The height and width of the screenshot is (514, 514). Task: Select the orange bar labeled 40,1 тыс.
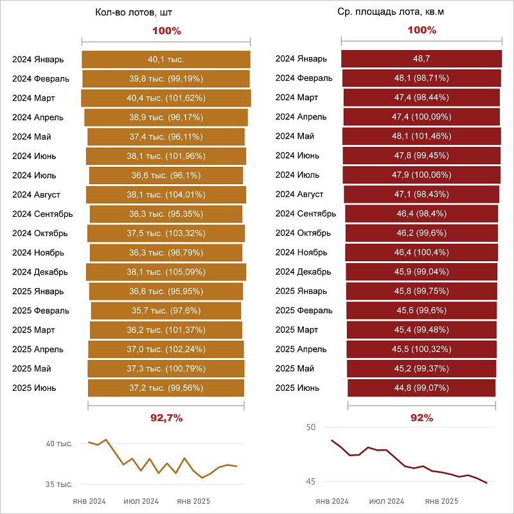[x=166, y=59]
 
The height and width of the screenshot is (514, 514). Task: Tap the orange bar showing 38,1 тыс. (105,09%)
[x=166, y=272]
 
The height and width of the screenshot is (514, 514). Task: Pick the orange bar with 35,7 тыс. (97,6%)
[x=166, y=311]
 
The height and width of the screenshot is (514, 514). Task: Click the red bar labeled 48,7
[x=421, y=59]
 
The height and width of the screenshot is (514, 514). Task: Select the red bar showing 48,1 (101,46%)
[x=421, y=136]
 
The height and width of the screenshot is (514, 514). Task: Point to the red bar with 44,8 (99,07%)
[x=421, y=388]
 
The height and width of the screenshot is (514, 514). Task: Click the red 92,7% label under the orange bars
[x=166, y=418]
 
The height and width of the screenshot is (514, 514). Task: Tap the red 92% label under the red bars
[x=421, y=418]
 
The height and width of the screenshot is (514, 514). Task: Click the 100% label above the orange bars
[x=167, y=31]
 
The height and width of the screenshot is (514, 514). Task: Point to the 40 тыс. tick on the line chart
[x=59, y=444]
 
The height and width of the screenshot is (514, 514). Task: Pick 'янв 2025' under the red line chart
[x=441, y=501]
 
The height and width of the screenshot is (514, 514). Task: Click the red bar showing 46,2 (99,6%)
[x=421, y=233]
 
